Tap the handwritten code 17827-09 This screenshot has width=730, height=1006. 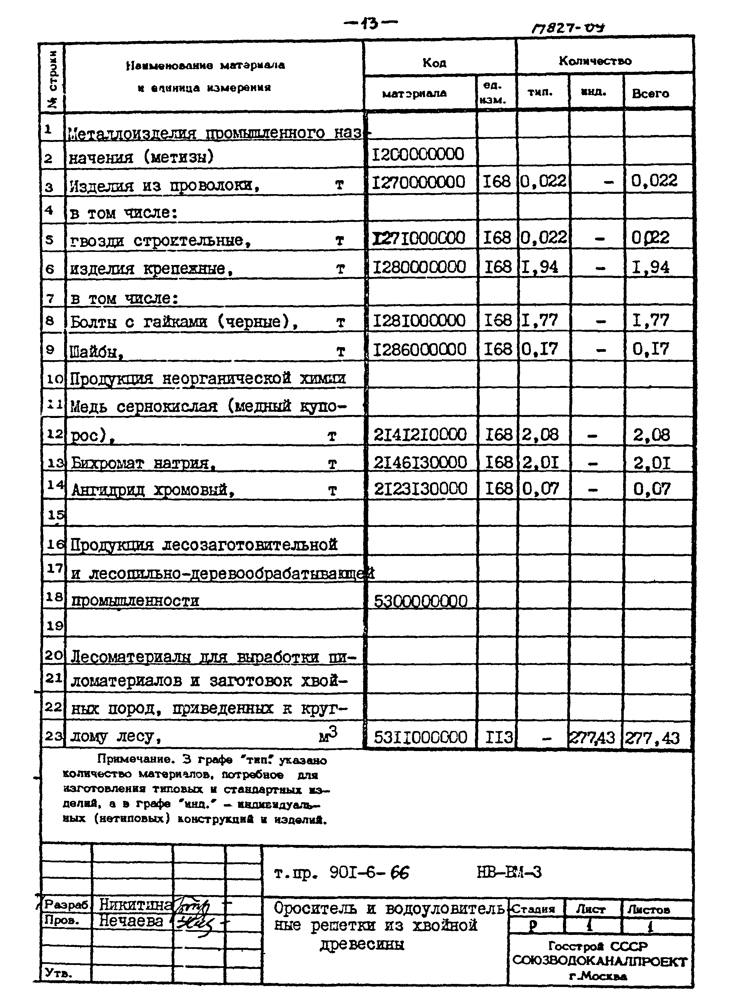point(568,28)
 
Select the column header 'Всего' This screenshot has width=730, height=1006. point(650,94)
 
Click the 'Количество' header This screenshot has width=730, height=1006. point(595,61)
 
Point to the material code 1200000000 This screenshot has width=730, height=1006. point(417,154)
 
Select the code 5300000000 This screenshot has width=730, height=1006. point(420,601)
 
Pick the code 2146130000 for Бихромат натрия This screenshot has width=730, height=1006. point(420,463)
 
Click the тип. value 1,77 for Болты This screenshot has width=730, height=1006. point(539,320)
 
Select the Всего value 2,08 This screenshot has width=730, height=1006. point(651,435)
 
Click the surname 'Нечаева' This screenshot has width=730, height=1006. point(131,921)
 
